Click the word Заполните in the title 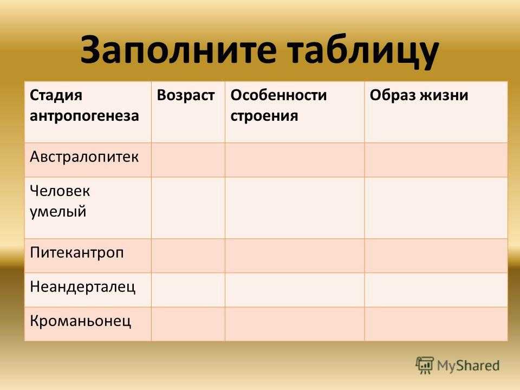(178, 49)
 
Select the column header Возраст (185, 95)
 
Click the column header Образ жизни (419, 95)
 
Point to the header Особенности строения (278, 106)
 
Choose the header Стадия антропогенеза (84, 106)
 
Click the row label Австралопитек (84, 157)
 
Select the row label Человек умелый (60, 201)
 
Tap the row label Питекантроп (76, 253)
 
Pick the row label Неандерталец (82, 287)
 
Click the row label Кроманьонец (81, 321)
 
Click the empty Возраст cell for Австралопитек (188, 160)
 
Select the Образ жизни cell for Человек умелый (435, 208)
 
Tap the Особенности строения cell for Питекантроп (295, 256)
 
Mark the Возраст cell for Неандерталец (188, 290)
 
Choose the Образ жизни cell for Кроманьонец (435, 324)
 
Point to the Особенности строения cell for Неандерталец (295, 290)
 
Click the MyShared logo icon (425, 366)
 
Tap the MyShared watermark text (468, 366)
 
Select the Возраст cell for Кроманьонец (188, 324)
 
